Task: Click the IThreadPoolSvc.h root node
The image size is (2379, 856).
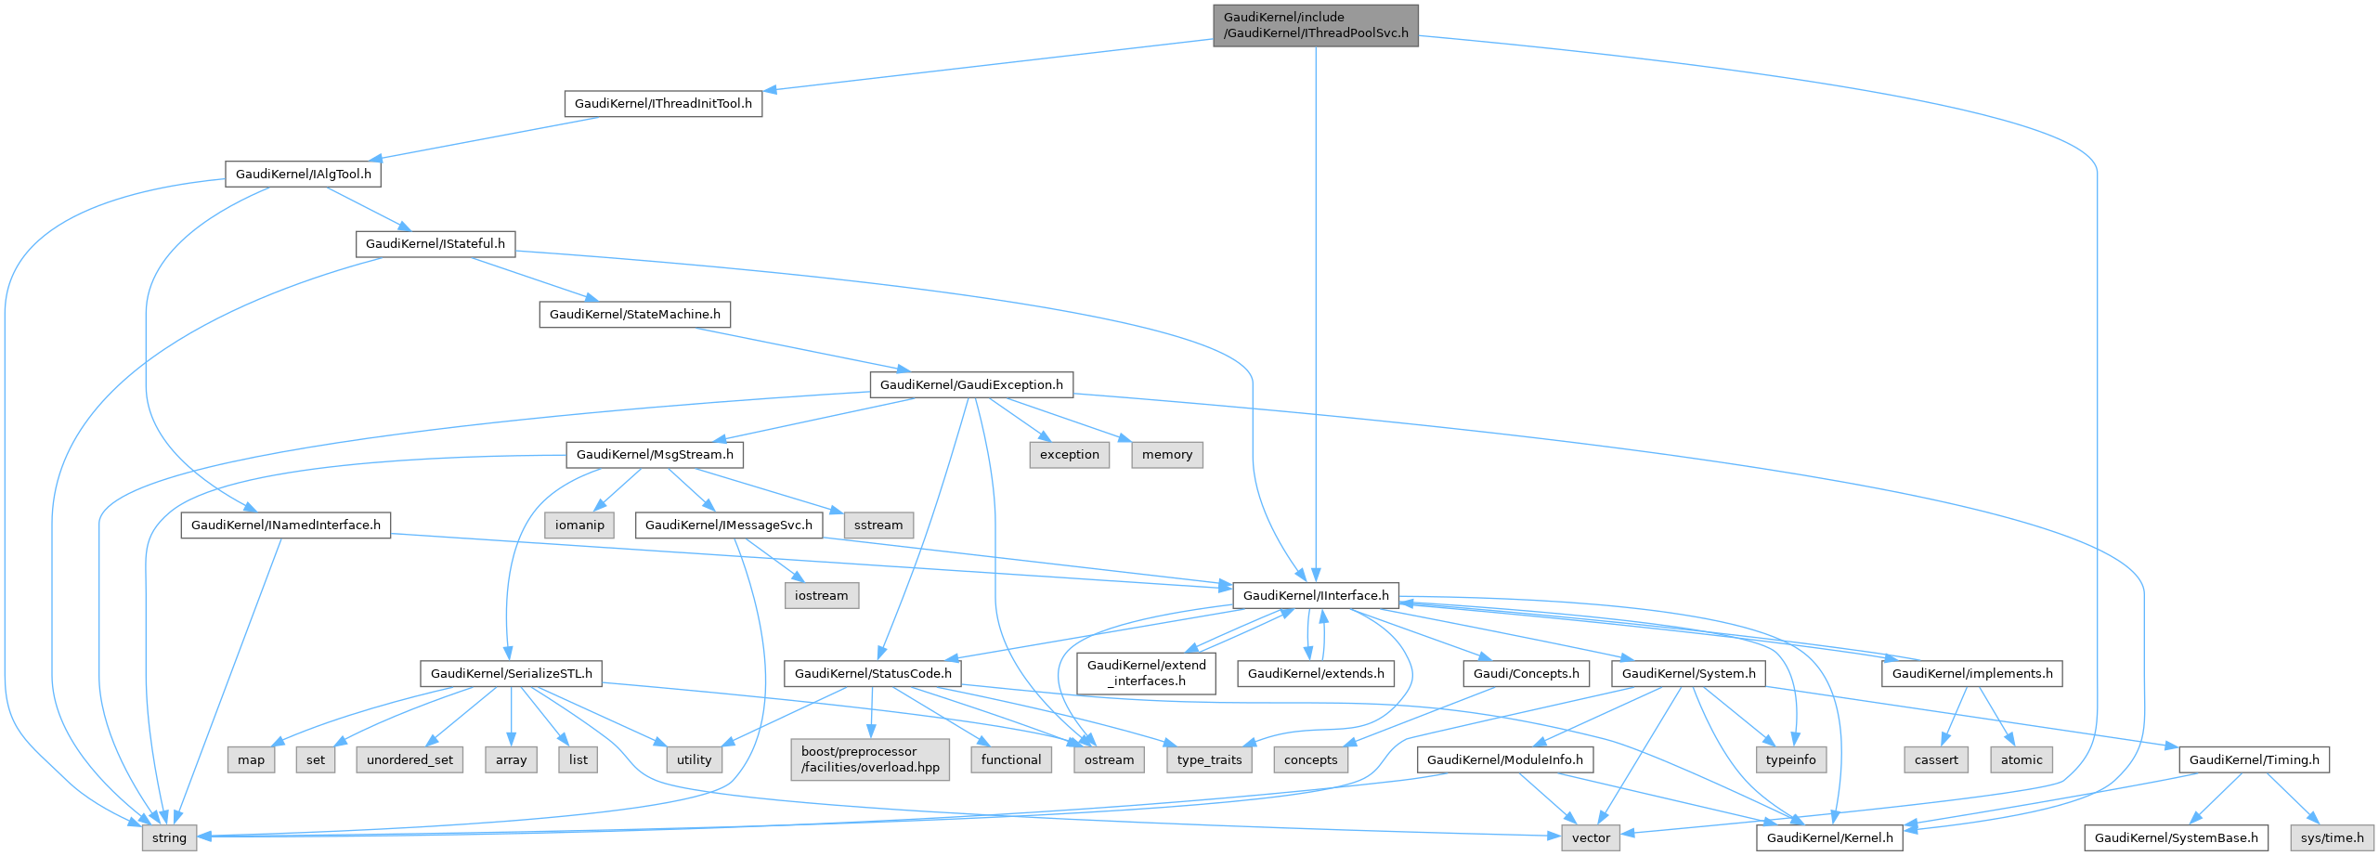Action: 1315,25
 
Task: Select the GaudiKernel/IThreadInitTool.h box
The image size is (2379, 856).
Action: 663,103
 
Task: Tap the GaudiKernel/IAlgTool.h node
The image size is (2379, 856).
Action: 303,174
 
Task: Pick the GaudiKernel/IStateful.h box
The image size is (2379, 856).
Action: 435,244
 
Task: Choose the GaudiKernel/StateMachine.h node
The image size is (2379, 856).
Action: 634,315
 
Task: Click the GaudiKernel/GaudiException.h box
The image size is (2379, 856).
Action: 971,384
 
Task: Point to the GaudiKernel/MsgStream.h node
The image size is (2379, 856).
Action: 655,455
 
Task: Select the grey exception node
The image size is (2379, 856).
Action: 1069,455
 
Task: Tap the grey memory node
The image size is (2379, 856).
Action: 1167,455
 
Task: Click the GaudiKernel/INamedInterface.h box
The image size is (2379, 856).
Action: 285,525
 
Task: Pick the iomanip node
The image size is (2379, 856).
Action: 579,525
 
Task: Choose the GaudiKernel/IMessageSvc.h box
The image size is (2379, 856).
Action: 728,525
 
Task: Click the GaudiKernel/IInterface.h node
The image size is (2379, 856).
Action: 1316,596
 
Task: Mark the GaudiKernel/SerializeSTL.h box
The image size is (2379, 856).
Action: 511,674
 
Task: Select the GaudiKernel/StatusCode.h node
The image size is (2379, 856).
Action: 873,674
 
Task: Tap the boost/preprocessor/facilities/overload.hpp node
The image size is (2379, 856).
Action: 870,759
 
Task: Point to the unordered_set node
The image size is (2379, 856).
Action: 409,759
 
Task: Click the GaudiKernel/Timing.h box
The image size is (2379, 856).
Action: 2254,759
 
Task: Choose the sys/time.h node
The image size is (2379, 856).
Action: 2333,837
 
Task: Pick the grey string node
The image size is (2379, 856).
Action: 169,837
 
